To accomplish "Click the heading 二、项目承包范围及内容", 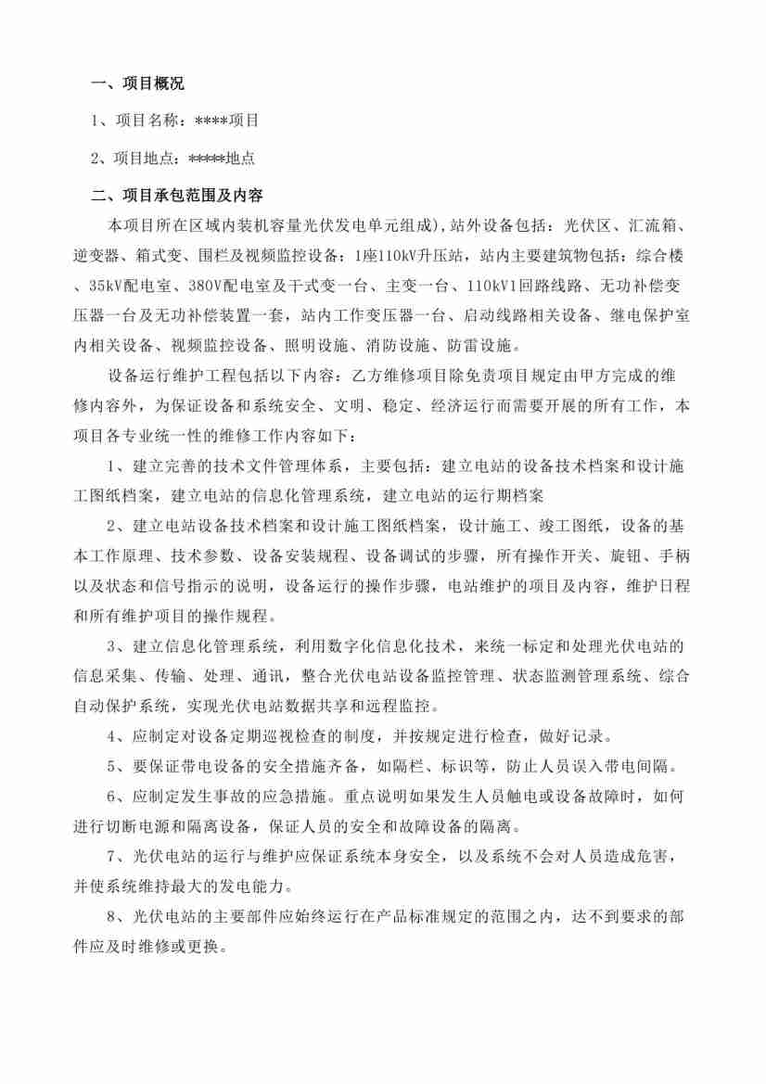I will click(x=176, y=196).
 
